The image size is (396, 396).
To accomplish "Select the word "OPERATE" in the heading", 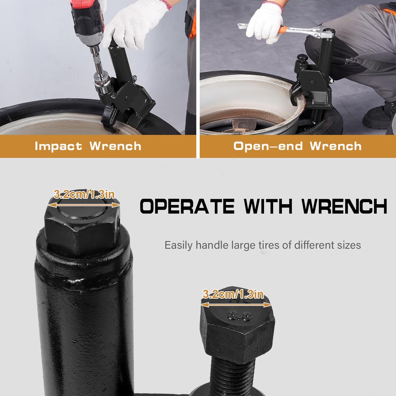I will tap(187, 206).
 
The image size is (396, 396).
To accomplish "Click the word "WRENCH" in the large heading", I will tap(344, 206).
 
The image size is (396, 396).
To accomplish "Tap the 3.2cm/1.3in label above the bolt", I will tap(233, 295).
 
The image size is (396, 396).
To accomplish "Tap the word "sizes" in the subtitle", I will tap(349, 245).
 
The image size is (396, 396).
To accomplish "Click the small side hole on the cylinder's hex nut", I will tap(117, 226).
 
